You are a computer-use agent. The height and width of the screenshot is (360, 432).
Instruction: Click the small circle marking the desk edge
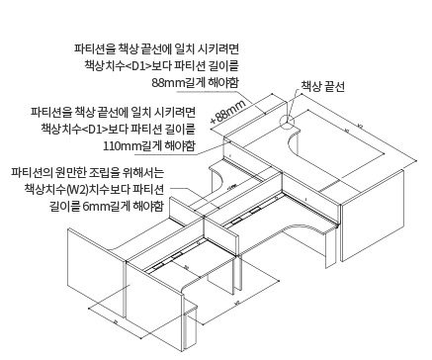[x=287, y=123]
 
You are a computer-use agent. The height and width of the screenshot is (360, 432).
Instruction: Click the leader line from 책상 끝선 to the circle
[x=301, y=106]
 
